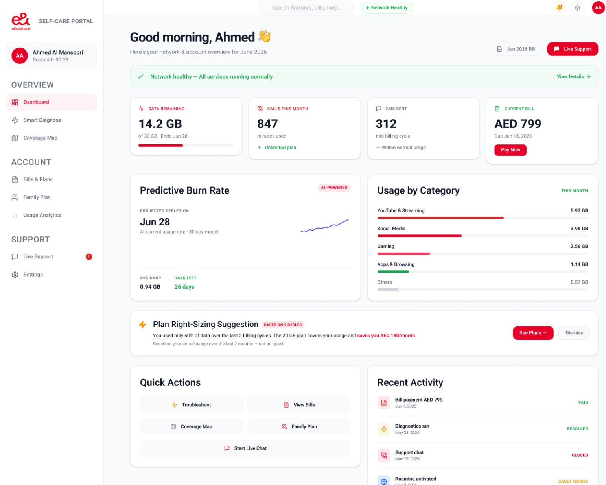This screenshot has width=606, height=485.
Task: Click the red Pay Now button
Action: tap(510, 150)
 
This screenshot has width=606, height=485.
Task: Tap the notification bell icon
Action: tap(559, 7)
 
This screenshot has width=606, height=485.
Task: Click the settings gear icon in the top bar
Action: tap(577, 7)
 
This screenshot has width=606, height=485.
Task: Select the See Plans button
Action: tap(533, 333)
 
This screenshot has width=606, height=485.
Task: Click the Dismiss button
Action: tap(574, 333)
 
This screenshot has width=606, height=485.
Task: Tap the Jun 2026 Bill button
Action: tap(516, 49)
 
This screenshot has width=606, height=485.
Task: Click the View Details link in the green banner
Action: tap(573, 77)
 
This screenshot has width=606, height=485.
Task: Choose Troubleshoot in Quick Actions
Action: tap(191, 405)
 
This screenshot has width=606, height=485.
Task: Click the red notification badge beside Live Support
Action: tap(89, 256)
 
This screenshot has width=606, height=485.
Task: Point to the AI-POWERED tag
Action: tap(334, 188)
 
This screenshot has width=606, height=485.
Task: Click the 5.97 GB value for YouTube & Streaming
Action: tap(579, 211)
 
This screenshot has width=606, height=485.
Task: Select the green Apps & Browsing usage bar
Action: tap(393, 271)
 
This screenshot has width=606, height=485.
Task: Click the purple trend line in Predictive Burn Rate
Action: tap(324, 226)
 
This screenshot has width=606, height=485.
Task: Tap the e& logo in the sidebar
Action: tap(21, 21)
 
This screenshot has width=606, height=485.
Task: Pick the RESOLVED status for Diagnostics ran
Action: tap(577, 429)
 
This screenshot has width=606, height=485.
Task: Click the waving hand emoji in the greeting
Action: tap(264, 37)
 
